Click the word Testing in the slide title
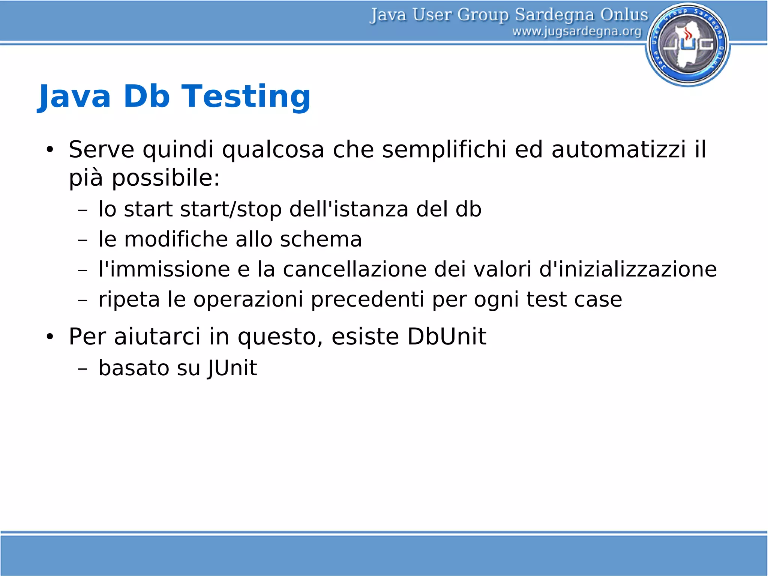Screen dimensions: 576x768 click(246, 97)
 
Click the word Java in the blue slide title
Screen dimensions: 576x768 click(75, 97)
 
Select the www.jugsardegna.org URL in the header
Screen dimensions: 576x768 click(577, 32)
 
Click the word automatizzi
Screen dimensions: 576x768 click(619, 150)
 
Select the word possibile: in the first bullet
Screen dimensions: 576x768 click(165, 178)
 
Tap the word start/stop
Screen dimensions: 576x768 click(231, 209)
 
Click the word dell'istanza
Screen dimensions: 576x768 click(349, 209)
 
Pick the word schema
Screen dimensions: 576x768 click(321, 239)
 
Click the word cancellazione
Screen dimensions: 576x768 click(355, 269)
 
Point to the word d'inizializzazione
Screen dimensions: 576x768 click(628, 269)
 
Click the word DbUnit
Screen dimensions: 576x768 click(447, 336)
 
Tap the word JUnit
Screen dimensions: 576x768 click(232, 368)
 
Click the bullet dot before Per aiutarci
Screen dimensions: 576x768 click(50, 337)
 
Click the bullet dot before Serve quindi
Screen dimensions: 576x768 click(50, 150)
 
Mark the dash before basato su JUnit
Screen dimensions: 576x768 click(82, 368)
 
